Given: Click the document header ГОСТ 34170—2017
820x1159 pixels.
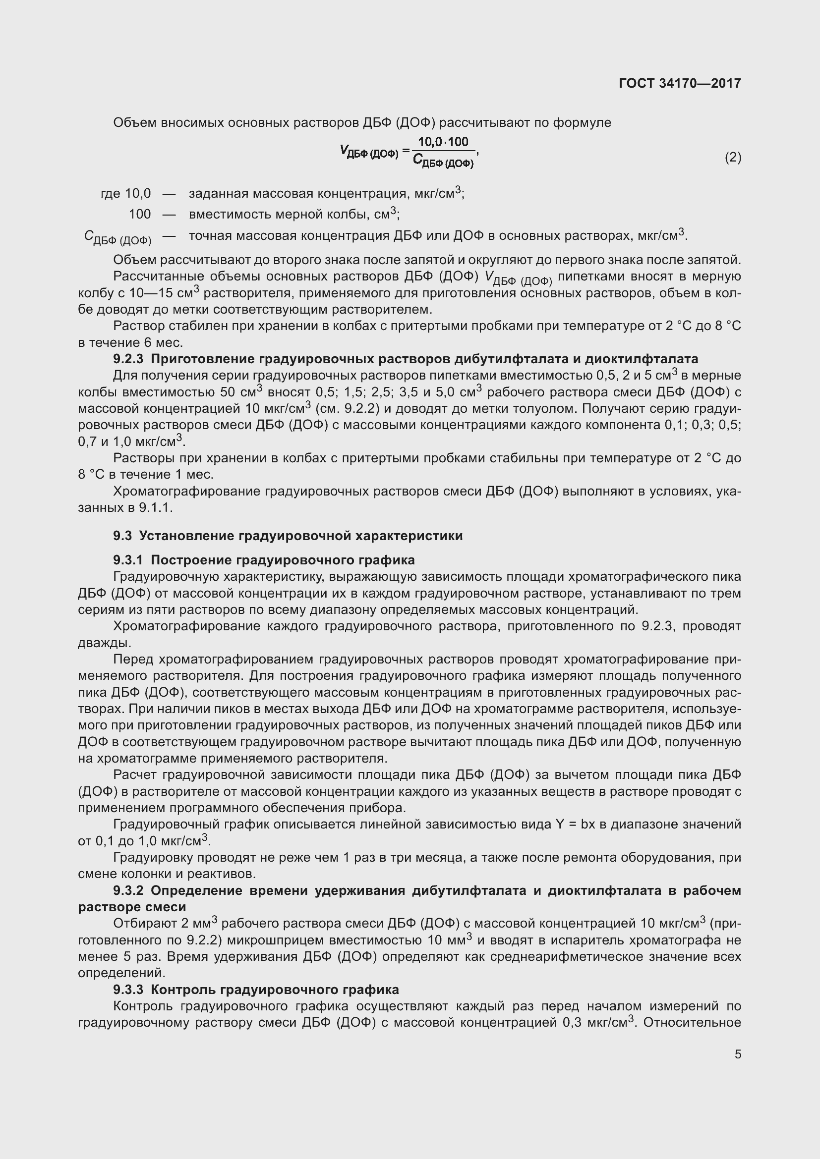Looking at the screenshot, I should [x=680, y=83].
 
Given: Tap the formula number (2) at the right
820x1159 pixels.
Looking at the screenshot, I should [x=733, y=158].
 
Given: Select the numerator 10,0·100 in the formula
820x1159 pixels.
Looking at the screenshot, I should [x=443, y=142].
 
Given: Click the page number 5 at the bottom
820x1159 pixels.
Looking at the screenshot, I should [x=738, y=1054].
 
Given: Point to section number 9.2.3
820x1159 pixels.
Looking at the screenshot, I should [x=128, y=359].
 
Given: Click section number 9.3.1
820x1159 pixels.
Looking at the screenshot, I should [x=128, y=560].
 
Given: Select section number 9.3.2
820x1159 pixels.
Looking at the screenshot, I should [x=128, y=890].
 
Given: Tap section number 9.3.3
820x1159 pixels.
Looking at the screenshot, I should [x=128, y=990].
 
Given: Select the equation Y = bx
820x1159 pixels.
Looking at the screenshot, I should [x=575, y=825].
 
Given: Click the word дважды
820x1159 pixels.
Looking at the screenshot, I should [x=98, y=643].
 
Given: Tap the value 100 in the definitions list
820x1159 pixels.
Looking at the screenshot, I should [x=139, y=214].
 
